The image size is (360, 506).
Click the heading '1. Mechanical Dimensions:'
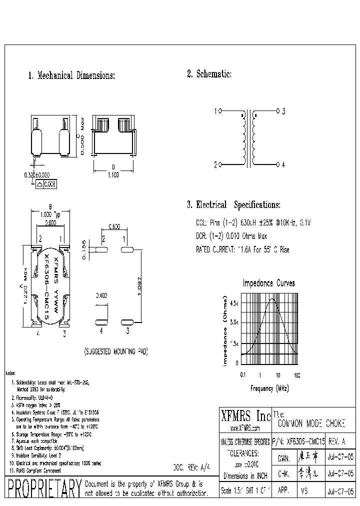[71, 76]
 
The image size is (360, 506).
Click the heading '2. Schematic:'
[209, 74]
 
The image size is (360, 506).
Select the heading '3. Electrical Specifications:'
[233, 205]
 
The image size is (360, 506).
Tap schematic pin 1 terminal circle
[221, 111]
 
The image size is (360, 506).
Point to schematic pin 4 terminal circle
[277, 164]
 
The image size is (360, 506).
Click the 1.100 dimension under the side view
[113, 176]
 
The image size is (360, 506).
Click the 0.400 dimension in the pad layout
[101, 296]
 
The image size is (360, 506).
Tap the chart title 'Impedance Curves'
[268, 283]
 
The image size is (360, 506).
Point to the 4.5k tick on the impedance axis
[234, 303]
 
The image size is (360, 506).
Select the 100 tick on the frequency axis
[296, 374]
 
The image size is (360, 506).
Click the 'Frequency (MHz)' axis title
[269, 388]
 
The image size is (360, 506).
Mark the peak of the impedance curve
[272, 299]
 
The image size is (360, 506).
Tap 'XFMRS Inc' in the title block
[245, 415]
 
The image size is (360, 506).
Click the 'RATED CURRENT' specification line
[241, 249]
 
